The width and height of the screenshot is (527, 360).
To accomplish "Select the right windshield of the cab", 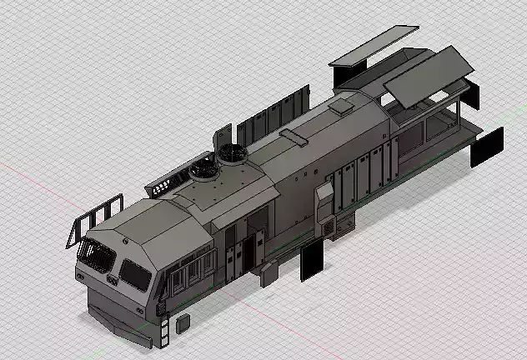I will (135, 272).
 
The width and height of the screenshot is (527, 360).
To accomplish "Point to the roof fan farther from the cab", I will (233, 153).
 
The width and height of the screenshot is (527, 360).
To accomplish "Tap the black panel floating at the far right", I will (487, 147).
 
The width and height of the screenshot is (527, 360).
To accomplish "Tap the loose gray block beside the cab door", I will (269, 274).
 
